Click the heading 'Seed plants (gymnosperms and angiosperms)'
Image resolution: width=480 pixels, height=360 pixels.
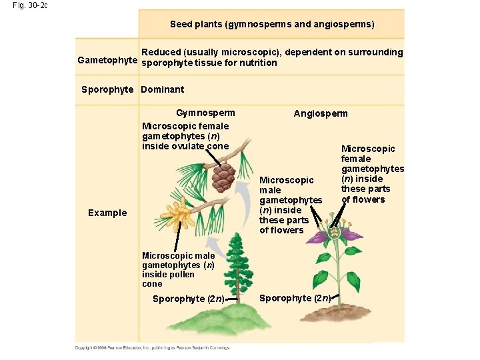point(272,24)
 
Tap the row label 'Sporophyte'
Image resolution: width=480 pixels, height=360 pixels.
point(107,89)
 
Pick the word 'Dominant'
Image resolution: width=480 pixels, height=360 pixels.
point(163,89)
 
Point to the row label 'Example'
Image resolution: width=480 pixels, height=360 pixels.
point(107,213)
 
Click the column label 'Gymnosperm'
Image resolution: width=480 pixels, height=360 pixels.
point(205,113)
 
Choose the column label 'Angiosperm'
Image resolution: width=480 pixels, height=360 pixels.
point(321,113)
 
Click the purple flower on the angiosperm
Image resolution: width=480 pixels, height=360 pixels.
point(337,237)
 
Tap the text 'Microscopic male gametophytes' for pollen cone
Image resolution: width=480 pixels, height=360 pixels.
point(179,260)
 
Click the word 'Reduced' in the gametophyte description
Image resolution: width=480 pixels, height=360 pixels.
point(161,52)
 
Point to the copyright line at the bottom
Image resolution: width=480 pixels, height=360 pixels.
point(151,347)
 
